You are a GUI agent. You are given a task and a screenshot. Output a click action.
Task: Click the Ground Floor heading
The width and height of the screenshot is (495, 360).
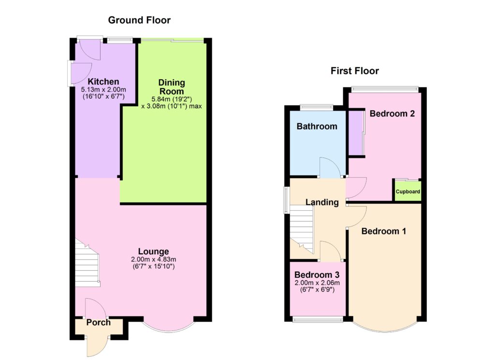click(139, 20)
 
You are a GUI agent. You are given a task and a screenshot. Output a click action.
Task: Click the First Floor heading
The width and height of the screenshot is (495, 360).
click(354, 71)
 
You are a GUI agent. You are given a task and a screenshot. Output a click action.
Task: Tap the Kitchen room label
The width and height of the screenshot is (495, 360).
click(103, 81)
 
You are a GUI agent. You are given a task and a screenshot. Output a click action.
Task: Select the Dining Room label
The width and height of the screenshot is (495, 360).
click(172, 87)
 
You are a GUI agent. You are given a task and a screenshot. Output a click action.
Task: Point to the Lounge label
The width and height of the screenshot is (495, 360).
click(153, 251)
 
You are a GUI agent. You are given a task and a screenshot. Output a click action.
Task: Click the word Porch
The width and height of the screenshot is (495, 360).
click(99, 322)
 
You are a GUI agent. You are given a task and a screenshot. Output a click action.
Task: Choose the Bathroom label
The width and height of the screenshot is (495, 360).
click(317, 126)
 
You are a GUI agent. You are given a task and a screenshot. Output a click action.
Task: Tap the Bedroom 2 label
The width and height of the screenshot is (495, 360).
click(392, 114)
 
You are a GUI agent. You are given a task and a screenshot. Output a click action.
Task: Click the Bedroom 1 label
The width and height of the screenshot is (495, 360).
click(383, 231)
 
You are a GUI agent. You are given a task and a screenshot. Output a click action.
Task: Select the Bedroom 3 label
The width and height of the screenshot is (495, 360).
click(317, 275)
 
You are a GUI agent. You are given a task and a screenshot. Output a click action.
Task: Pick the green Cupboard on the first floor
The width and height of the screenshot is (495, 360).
click(408, 191)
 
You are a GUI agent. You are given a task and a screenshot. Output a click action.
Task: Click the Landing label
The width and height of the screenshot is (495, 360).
click(322, 202)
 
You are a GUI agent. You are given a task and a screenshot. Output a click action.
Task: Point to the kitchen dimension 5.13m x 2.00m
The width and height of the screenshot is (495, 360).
click(103, 89)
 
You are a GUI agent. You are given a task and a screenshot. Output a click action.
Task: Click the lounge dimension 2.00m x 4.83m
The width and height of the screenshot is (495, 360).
click(153, 259)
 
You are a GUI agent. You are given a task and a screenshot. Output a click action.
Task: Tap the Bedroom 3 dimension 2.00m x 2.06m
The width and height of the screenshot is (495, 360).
click(317, 283)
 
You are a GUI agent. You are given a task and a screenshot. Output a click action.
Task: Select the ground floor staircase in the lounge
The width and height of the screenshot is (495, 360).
click(87, 264)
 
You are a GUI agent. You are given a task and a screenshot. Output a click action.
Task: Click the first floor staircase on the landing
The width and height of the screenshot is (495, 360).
click(302, 229)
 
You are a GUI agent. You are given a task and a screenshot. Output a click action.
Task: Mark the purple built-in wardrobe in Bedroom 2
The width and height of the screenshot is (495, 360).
click(356, 132)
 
